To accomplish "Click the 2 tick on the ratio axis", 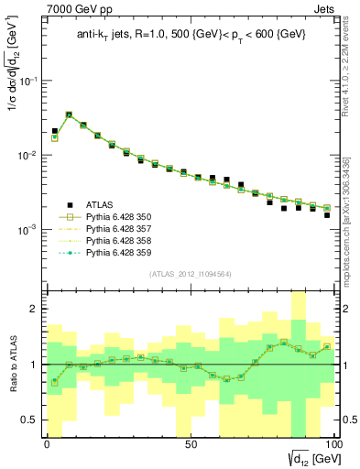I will (36, 310).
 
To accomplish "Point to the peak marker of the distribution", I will (69, 115).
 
